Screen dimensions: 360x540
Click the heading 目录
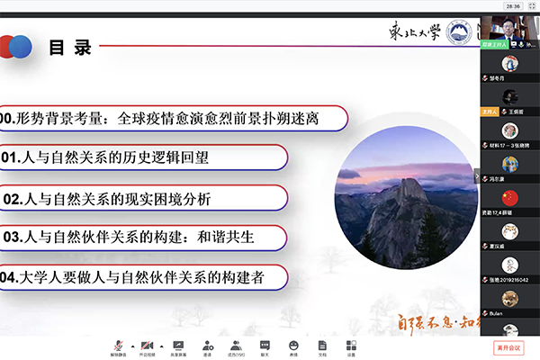(x=70, y=47)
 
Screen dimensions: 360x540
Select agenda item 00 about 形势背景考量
(x=171, y=118)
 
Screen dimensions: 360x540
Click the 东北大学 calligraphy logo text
(x=413, y=34)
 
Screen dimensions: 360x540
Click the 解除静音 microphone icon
(x=118, y=345)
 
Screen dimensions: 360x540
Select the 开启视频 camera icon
(x=147, y=345)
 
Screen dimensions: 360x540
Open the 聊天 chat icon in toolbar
(x=265, y=345)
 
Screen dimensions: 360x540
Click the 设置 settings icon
(x=351, y=345)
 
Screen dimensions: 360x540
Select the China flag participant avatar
(x=510, y=196)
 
